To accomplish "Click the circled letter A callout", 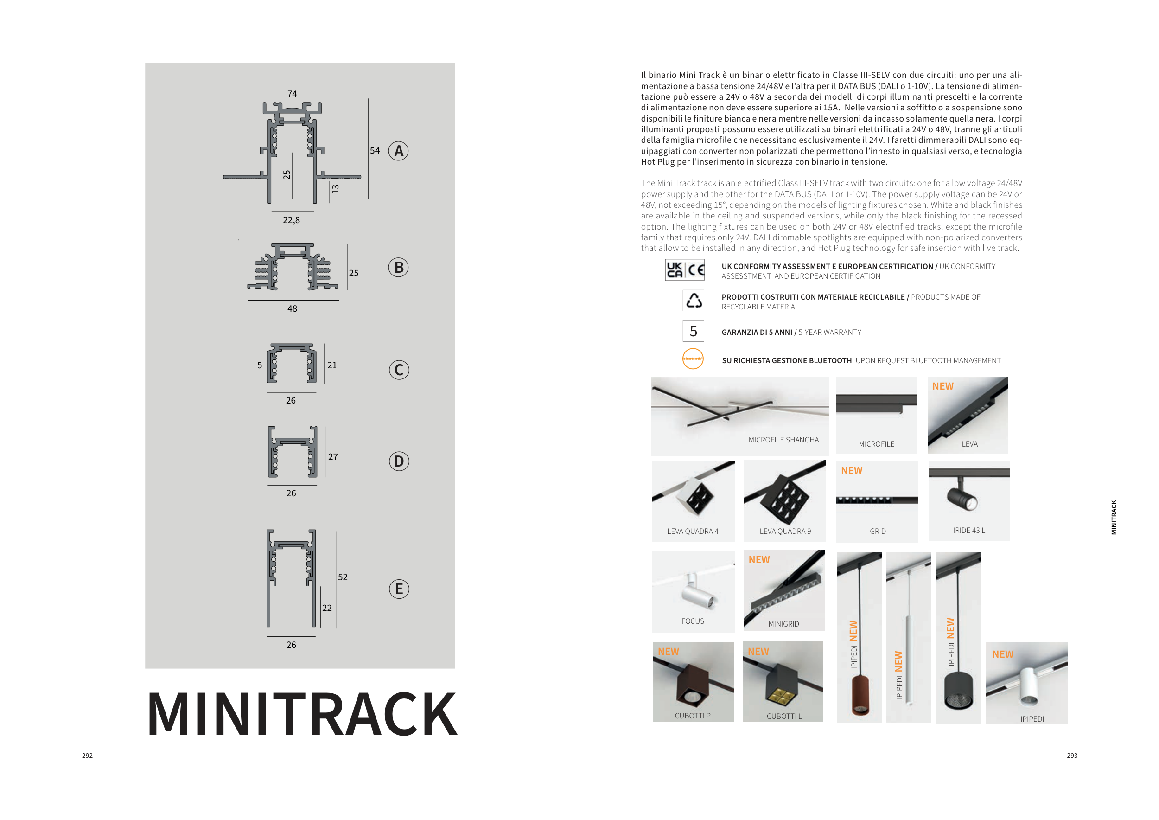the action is pyautogui.click(x=398, y=151).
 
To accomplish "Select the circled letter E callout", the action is pyautogui.click(x=399, y=589).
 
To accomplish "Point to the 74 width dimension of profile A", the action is pyautogui.click(x=292, y=94).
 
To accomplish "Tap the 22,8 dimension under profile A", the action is pyautogui.click(x=291, y=220).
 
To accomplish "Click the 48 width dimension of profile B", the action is pyautogui.click(x=292, y=308).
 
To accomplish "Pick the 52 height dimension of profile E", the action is pyautogui.click(x=343, y=577).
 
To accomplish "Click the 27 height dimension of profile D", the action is pyautogui.click(x=333, y=457).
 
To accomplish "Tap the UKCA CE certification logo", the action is pyautogui.click(x=684, y=270).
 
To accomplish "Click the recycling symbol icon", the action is pyautogui.click(x=693, y=301).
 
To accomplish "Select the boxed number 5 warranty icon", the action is pyautogui.click(x=693, y=331).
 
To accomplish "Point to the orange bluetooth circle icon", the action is pyautogui.click(x=693, y=359).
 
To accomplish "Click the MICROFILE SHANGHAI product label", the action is pyautogui.click(x=784, y=440).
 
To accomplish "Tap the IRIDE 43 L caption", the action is pyautogui.click(x=969, y=530).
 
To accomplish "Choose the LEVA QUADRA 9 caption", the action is pyautogui.click(x=785, y=531).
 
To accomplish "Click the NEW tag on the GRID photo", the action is pyautogui.click(x=852, y=471).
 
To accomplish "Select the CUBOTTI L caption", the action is pyautogui.click(x=784, y=716).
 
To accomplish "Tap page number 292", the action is pyautogui.click(x=87, y=756).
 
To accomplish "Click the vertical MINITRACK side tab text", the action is pyautogui.click(x=1114, y=517).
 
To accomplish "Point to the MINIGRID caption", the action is pyautogui.click(x=783, y=624).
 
